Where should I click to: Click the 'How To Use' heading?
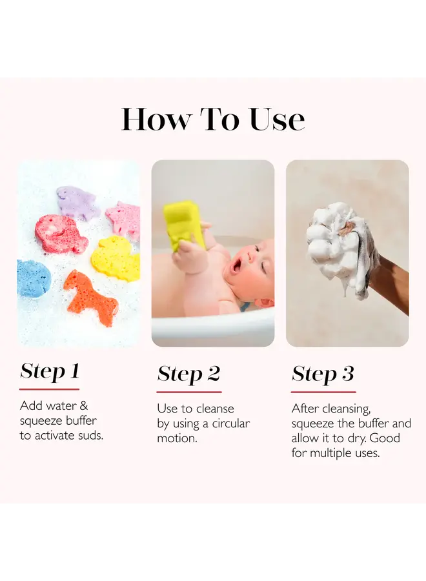tap(213, 119)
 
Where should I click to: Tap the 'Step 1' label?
tap(50, 371)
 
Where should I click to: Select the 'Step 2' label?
tap(188, 374)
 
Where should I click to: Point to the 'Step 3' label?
tap(323, 374)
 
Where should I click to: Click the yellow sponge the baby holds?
tap(185, 225)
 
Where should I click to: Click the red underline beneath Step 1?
tap(49, 389)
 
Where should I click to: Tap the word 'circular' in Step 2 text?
tap(231, 423)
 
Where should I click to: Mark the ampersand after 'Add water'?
tap(84, 405)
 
